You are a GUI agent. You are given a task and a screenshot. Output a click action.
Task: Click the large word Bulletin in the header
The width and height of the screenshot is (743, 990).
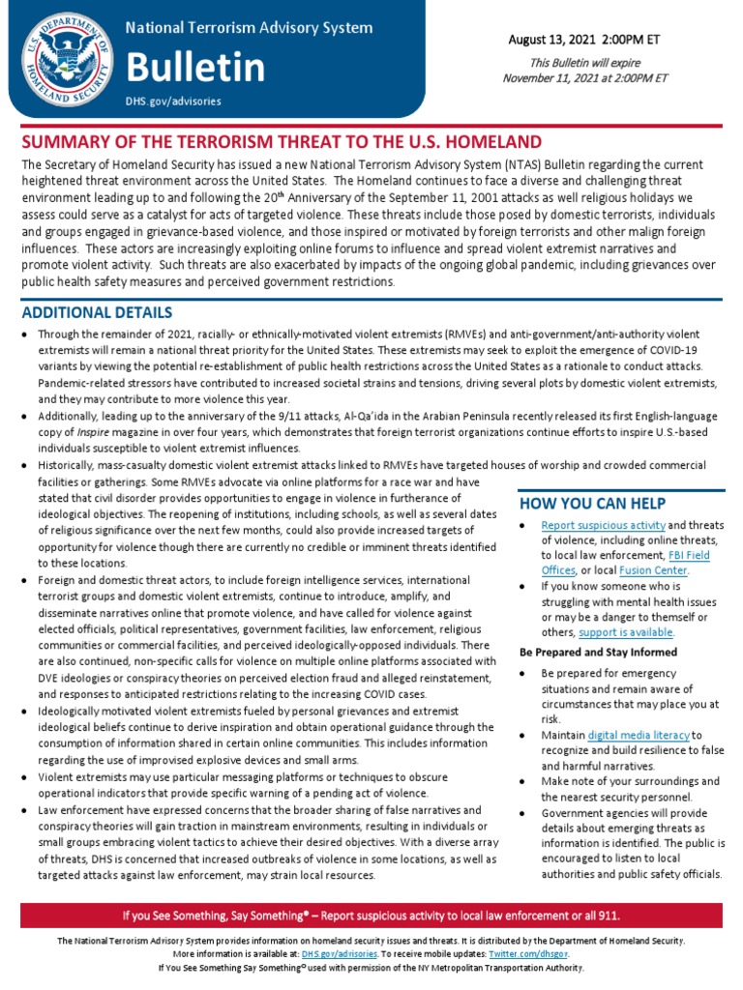click(x=195, y=68)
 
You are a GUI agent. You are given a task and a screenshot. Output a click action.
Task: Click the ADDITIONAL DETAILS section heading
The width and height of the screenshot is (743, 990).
click(x=97, y=313)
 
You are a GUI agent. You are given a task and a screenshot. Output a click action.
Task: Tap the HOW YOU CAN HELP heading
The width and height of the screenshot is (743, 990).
click(x=593, y=503)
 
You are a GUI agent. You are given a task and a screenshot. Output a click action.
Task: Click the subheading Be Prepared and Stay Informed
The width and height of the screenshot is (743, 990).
click(x=598, y=653)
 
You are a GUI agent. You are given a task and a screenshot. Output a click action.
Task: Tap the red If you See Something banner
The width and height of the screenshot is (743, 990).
click(x=371, y=916)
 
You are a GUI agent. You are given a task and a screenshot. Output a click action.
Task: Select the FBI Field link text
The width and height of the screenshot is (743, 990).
click(x=690, y=556)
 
